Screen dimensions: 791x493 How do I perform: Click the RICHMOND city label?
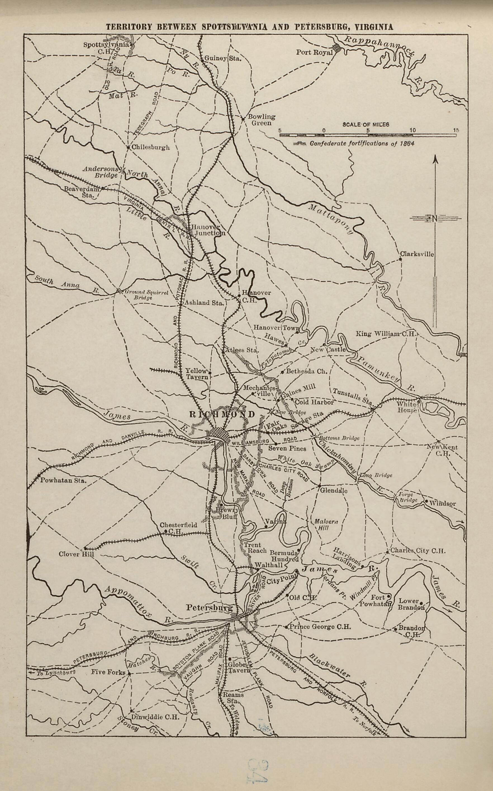(x=222, y=414)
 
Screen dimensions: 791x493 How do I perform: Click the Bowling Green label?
(x=262, y=120)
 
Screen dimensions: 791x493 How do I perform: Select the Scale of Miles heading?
(x=366, y=124)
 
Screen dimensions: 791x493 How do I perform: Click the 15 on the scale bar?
(x=456, y=130)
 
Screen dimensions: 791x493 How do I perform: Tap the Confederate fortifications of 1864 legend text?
(x=362, y=144)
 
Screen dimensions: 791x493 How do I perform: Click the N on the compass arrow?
(x=435, y=219)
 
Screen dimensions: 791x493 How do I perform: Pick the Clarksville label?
(x=417, y=254)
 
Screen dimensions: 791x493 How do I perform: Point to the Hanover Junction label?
(x=208, y=230)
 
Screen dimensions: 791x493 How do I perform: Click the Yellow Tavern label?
(x=197, y=373)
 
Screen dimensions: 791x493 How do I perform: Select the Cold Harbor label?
(x=314, y=402)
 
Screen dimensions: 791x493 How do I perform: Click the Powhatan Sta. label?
(x=63, y=480)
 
